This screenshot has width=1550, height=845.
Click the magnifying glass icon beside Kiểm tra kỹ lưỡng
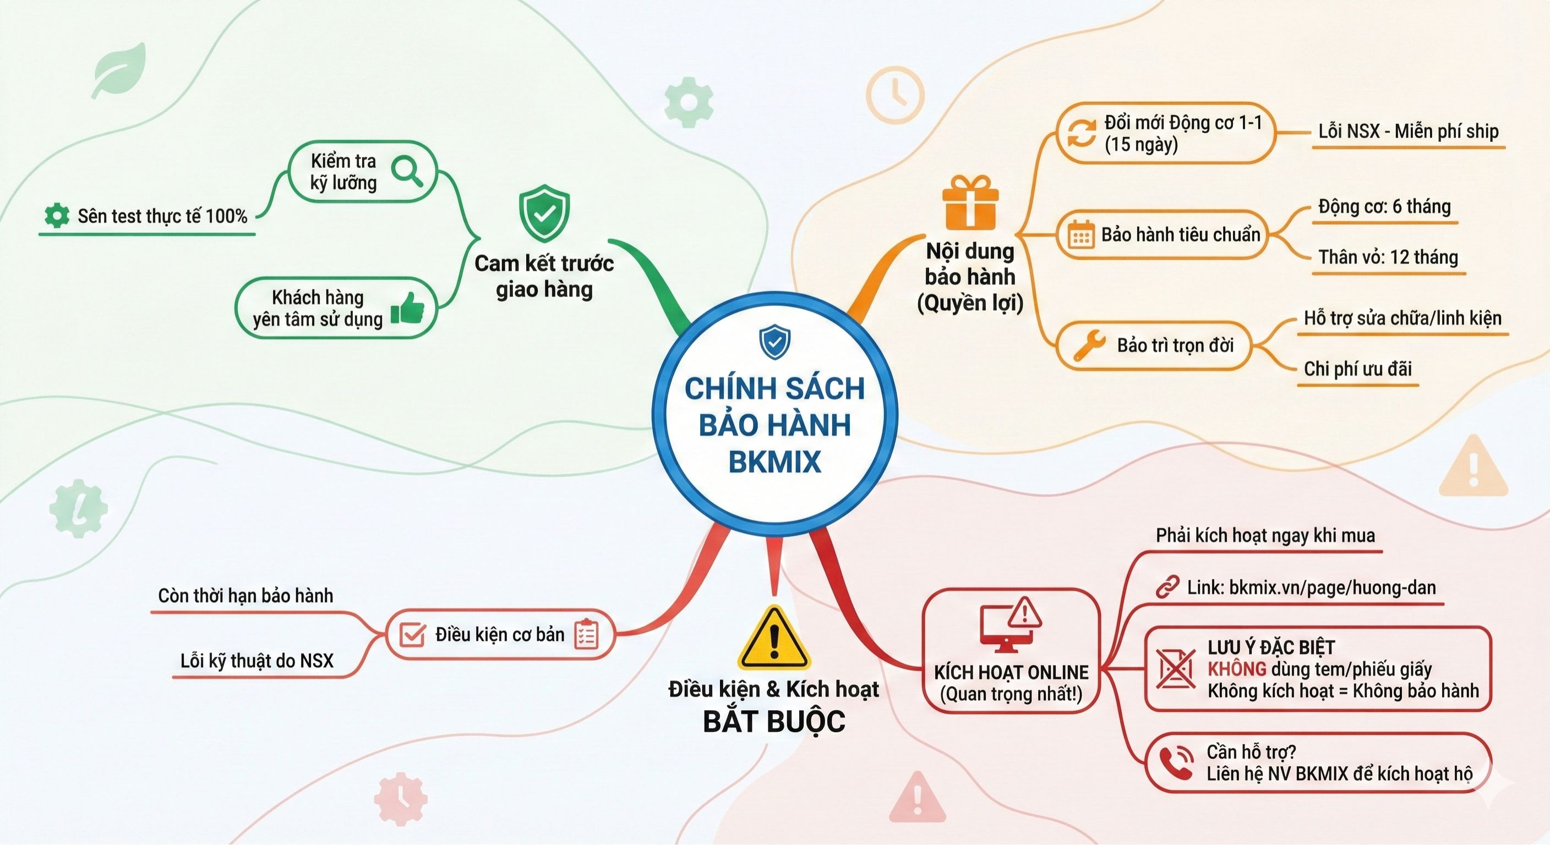click(x=407, y=172)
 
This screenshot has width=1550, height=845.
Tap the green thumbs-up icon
click(x=407, y=309)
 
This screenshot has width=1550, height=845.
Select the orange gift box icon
click(x=970, y=202)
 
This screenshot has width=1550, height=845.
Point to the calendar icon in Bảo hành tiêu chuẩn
click(x=1080, y=234)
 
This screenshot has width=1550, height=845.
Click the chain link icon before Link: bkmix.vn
click(x=1167, y=587)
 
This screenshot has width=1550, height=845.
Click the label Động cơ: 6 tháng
click(x=1384, y=207)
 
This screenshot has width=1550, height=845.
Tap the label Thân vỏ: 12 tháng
click(x=1388, y=257)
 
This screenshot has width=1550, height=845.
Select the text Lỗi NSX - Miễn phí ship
click(x=1408, y=131)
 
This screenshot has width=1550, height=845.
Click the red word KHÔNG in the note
click(x=1236, y=669)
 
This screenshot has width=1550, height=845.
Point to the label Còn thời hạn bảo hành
click(x=245, y=596)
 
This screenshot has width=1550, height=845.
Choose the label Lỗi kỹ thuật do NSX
click(x=257, y=661)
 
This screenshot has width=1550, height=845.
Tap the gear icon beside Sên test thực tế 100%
click(x=57, y=215)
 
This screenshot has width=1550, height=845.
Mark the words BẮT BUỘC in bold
click(x=774, y=722)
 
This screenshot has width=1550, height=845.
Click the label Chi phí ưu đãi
click(x=1357, y=369)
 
